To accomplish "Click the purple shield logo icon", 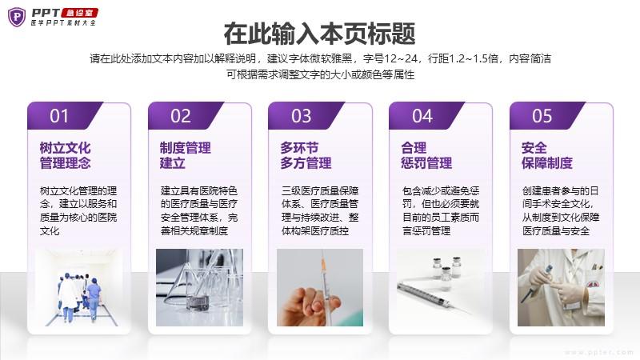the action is tap(17, 17).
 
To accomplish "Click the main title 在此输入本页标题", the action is tap(319, 34).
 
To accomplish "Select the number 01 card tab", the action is tap(65, 116).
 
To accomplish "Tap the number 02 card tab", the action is tap(186, 116).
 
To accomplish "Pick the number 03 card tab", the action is tap(306, 116).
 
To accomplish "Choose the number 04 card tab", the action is tap(427, 116).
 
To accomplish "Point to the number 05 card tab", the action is tap(547, 116).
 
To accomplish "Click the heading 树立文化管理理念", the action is tap(66, 155).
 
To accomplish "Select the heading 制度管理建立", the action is tap(186, 155).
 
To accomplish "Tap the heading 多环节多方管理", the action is tap(306, 155).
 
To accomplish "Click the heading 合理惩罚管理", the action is tap(426, 155).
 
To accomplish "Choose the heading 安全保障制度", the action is tap(547, 155).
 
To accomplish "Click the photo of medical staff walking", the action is tap(78, 287).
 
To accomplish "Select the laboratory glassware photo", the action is tap(199, 287).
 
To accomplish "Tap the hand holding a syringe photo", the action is tap(320, 287).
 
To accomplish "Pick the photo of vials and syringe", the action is tap(441, 287).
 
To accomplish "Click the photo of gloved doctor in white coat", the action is tap(562, 287).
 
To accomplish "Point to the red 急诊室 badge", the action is tap(79, 13).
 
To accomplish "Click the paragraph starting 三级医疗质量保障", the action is tap(320, 210).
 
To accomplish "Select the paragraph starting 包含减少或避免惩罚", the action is tap(441, 210).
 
